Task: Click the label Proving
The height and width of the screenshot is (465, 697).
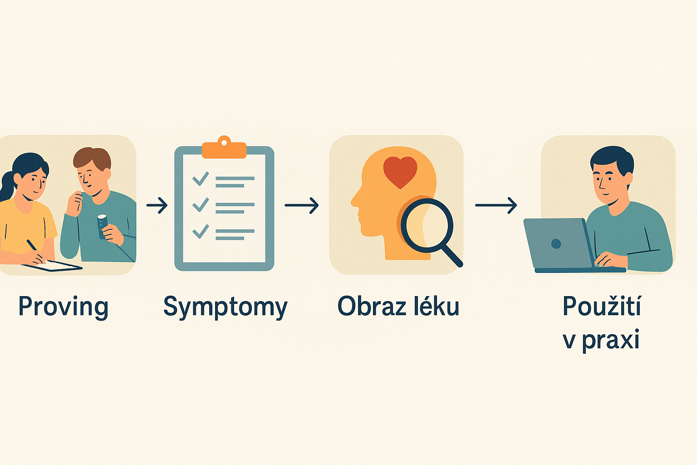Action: click(63, 307)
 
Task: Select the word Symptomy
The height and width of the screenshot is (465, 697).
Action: click(225, 307)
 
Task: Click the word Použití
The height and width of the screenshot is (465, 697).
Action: click(602, 306)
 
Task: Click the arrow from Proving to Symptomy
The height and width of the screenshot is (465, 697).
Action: click(157, 205)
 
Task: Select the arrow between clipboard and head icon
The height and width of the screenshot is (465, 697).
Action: click(302, 205)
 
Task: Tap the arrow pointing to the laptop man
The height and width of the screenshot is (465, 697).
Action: click(496, 205)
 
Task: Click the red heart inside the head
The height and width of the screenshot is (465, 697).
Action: click(400, 171)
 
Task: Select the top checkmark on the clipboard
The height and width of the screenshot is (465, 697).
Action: click(200, 178)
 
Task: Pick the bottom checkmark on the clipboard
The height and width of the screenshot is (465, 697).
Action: click(200, 231)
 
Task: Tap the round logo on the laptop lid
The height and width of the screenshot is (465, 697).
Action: click(556, 244)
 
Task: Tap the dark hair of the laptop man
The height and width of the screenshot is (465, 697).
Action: click(613, 157)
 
